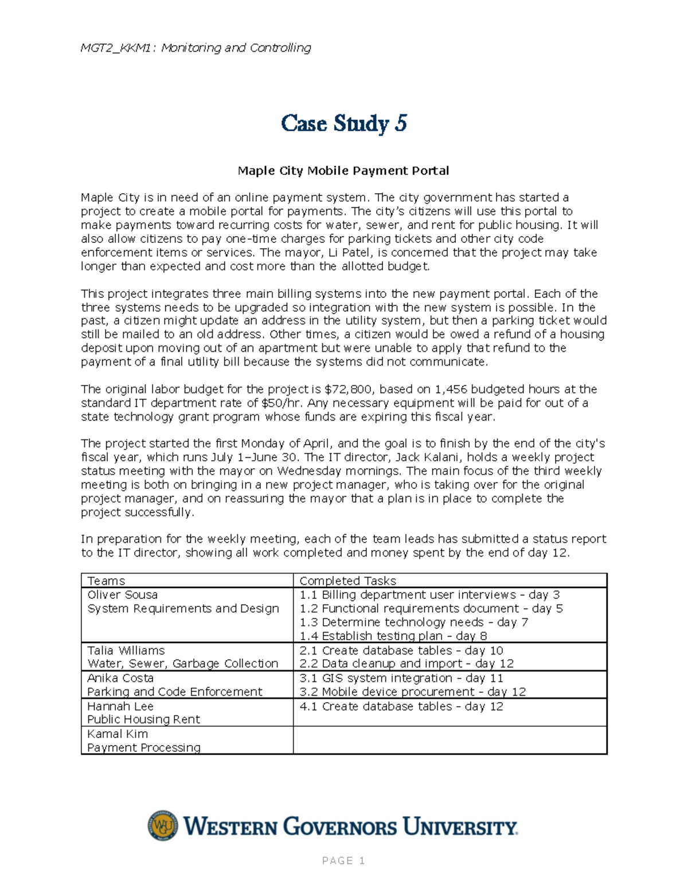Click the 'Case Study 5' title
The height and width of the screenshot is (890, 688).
343,123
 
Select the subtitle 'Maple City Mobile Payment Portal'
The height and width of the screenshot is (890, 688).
343,171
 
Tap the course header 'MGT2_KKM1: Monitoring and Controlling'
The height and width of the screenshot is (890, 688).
196,48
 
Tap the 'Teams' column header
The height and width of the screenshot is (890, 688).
106,581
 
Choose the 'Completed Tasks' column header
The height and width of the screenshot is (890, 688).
347,581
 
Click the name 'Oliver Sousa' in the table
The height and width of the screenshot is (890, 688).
122,595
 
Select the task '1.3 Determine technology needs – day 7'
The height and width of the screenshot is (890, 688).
413,622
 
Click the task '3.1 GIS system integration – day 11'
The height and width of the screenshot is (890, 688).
401,678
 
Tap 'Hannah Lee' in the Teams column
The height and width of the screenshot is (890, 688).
120,707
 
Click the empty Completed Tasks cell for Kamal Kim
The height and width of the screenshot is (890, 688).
449,740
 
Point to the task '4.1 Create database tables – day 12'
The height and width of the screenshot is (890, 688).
401,707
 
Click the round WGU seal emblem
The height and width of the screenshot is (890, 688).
163,826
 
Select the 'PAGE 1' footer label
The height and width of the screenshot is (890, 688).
343,861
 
